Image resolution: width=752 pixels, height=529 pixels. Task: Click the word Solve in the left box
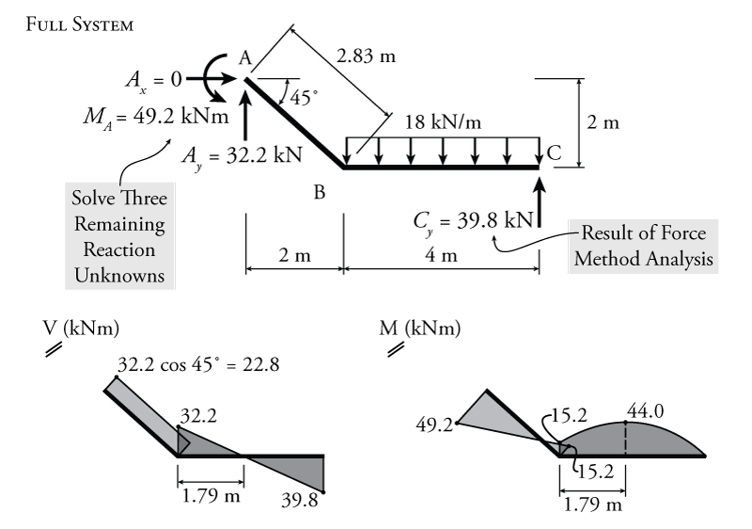pyautogui.click(x=94, y=200)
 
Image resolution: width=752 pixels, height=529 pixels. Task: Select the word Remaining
pyautogui.click(x=119, y=225)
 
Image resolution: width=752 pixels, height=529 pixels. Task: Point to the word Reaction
pyautogui.click(x=119, y=250)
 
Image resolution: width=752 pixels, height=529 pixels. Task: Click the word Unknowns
pyautogui.click(x=119, y=276)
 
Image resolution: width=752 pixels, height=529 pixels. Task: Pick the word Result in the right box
pyautogui.click(x=607, y=233)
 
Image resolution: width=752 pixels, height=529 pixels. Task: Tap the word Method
pyautogui.click(x=609, y=259)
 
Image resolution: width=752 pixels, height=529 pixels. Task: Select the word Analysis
pyautogui.click(x=679, y=259)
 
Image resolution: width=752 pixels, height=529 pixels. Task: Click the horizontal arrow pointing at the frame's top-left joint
pyautogui.click(x=209, y=79)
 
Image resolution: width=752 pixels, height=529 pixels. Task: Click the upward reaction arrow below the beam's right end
pyautogui.click(x=539, y=202)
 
